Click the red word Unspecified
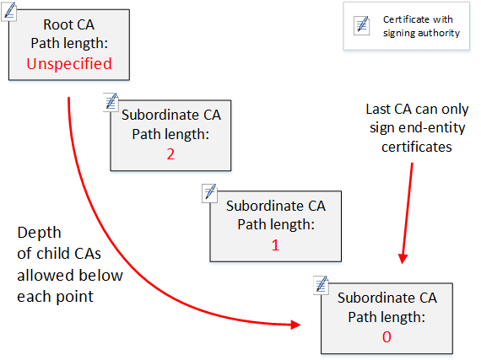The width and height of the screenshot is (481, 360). (69, 63)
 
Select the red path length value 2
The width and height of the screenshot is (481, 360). (170, 153)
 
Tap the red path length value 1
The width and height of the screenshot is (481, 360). (275, 245)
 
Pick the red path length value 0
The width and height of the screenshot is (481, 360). (386, 336)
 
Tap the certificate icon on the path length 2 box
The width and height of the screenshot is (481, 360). (111, 101)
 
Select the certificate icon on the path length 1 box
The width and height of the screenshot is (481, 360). (209, 192)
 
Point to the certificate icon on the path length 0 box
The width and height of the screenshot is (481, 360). (320, 284)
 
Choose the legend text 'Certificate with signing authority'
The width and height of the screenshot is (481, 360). (421, 26)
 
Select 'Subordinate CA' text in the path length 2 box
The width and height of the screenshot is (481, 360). (171, 116)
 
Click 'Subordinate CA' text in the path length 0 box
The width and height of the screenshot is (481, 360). (386, 298)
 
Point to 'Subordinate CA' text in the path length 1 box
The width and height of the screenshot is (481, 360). (275, 206)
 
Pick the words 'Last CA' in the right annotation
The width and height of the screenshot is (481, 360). (390, 110)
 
